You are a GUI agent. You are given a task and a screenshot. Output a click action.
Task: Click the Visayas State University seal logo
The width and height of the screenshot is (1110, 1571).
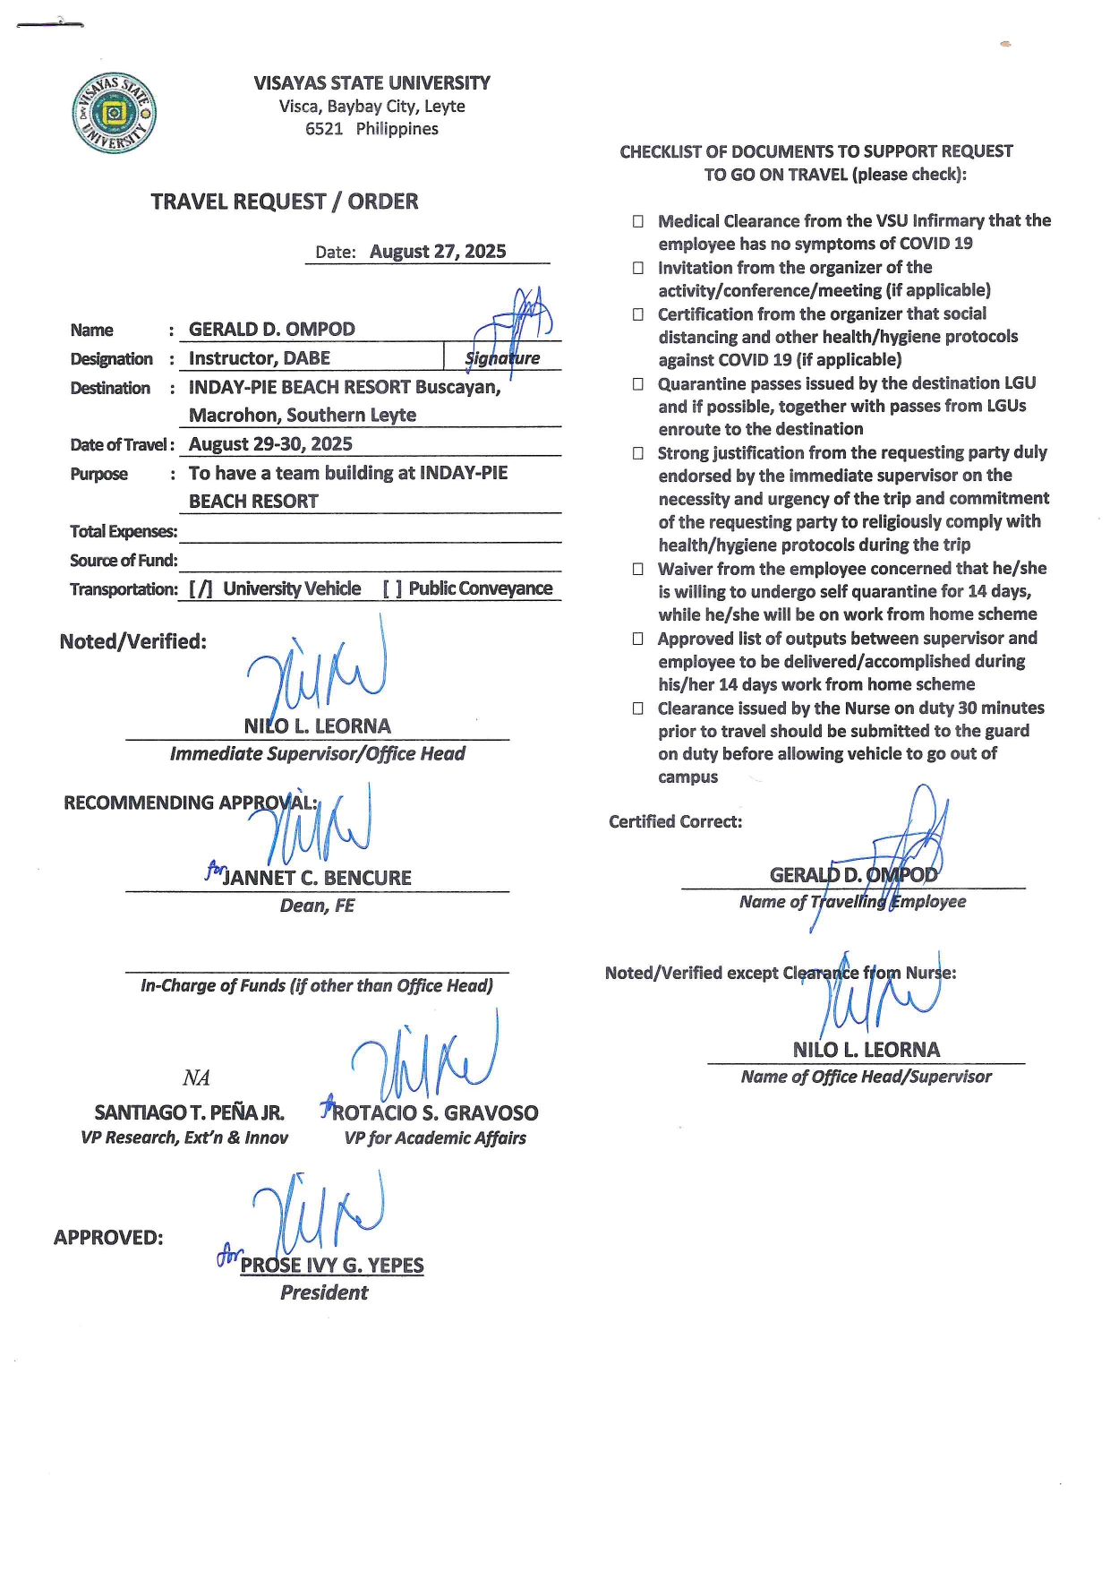click(114, 114)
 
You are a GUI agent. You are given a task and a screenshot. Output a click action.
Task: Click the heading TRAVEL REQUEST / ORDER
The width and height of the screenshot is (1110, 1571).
click(284, 202)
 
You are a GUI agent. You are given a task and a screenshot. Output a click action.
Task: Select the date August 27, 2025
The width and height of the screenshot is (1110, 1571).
click(438, 252)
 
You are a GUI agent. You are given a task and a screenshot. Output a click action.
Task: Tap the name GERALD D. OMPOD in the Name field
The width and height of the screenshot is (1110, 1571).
click(271, 330)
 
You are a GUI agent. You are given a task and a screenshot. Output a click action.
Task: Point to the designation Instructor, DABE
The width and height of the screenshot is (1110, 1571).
click(260, 358)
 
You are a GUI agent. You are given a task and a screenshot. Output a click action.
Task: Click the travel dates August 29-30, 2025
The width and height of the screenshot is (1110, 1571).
click(270, 444)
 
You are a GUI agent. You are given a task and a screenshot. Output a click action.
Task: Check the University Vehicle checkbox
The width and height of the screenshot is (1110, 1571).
click(201, 589)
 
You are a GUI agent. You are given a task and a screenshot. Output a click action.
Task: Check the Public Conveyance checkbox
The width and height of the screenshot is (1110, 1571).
click(392, 589)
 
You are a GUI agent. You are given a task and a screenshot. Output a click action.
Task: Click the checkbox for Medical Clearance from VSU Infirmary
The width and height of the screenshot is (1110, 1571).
click(638, 221)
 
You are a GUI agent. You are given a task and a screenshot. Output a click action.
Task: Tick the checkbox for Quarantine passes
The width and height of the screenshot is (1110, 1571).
click(638, 384)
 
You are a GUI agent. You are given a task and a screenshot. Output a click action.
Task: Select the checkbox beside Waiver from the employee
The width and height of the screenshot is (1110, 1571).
click(638, 570)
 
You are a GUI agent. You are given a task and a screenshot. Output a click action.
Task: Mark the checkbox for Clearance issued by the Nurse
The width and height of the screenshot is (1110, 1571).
click(638, 708)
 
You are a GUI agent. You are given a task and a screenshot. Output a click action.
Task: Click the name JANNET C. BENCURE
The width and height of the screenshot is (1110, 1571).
click(317, 878)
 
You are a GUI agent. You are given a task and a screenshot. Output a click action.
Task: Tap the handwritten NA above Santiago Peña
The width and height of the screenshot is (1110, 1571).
click(196, 1077)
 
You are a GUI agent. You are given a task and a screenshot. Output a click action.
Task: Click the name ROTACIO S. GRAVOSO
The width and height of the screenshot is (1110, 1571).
click(435, 1113)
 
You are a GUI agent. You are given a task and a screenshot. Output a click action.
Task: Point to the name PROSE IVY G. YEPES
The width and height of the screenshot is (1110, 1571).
click(332, 1266)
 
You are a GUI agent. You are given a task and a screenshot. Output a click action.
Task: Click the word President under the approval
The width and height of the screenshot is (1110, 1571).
click(324, 1292)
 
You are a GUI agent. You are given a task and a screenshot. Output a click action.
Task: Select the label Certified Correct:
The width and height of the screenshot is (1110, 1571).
click(675, 822)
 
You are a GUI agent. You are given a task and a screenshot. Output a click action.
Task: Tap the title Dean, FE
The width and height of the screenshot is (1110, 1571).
click(317, 906)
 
